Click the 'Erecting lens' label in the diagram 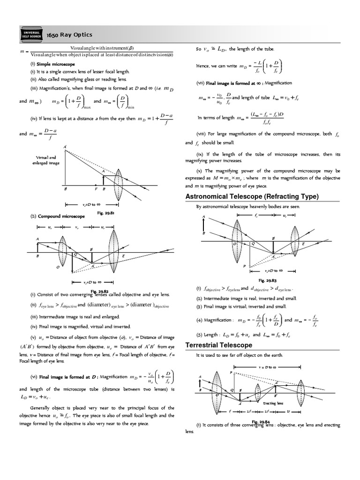tap(272, 403)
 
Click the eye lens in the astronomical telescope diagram tap(294, 244)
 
